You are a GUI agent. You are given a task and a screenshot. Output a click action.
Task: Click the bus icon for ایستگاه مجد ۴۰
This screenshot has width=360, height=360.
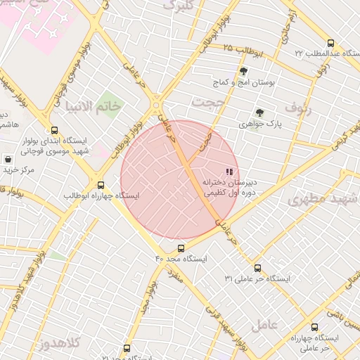181,248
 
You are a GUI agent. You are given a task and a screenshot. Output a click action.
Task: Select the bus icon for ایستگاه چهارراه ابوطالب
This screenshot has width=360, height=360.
101,185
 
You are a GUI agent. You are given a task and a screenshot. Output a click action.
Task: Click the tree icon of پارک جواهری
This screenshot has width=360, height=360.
259,112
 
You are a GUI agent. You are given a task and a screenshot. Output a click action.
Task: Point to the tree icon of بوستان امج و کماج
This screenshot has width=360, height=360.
243,71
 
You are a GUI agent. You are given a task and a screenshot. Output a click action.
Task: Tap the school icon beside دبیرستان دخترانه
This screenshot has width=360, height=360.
228,171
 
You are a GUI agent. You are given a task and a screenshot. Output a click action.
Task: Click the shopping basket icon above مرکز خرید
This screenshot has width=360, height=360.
7,160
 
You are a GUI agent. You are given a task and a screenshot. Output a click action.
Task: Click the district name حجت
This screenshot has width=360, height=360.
208,103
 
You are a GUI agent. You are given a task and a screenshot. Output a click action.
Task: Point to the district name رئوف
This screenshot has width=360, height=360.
298,107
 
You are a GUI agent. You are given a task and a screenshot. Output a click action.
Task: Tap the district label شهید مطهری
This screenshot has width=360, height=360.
317,199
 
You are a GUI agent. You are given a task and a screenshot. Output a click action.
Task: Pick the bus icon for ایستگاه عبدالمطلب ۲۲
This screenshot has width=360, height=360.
330,42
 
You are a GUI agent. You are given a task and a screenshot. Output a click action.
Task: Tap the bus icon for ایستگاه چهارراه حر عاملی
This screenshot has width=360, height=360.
314,327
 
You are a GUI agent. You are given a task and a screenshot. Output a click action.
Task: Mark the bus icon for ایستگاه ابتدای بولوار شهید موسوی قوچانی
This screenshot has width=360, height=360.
54,130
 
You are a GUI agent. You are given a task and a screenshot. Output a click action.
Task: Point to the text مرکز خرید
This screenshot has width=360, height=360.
18,169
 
